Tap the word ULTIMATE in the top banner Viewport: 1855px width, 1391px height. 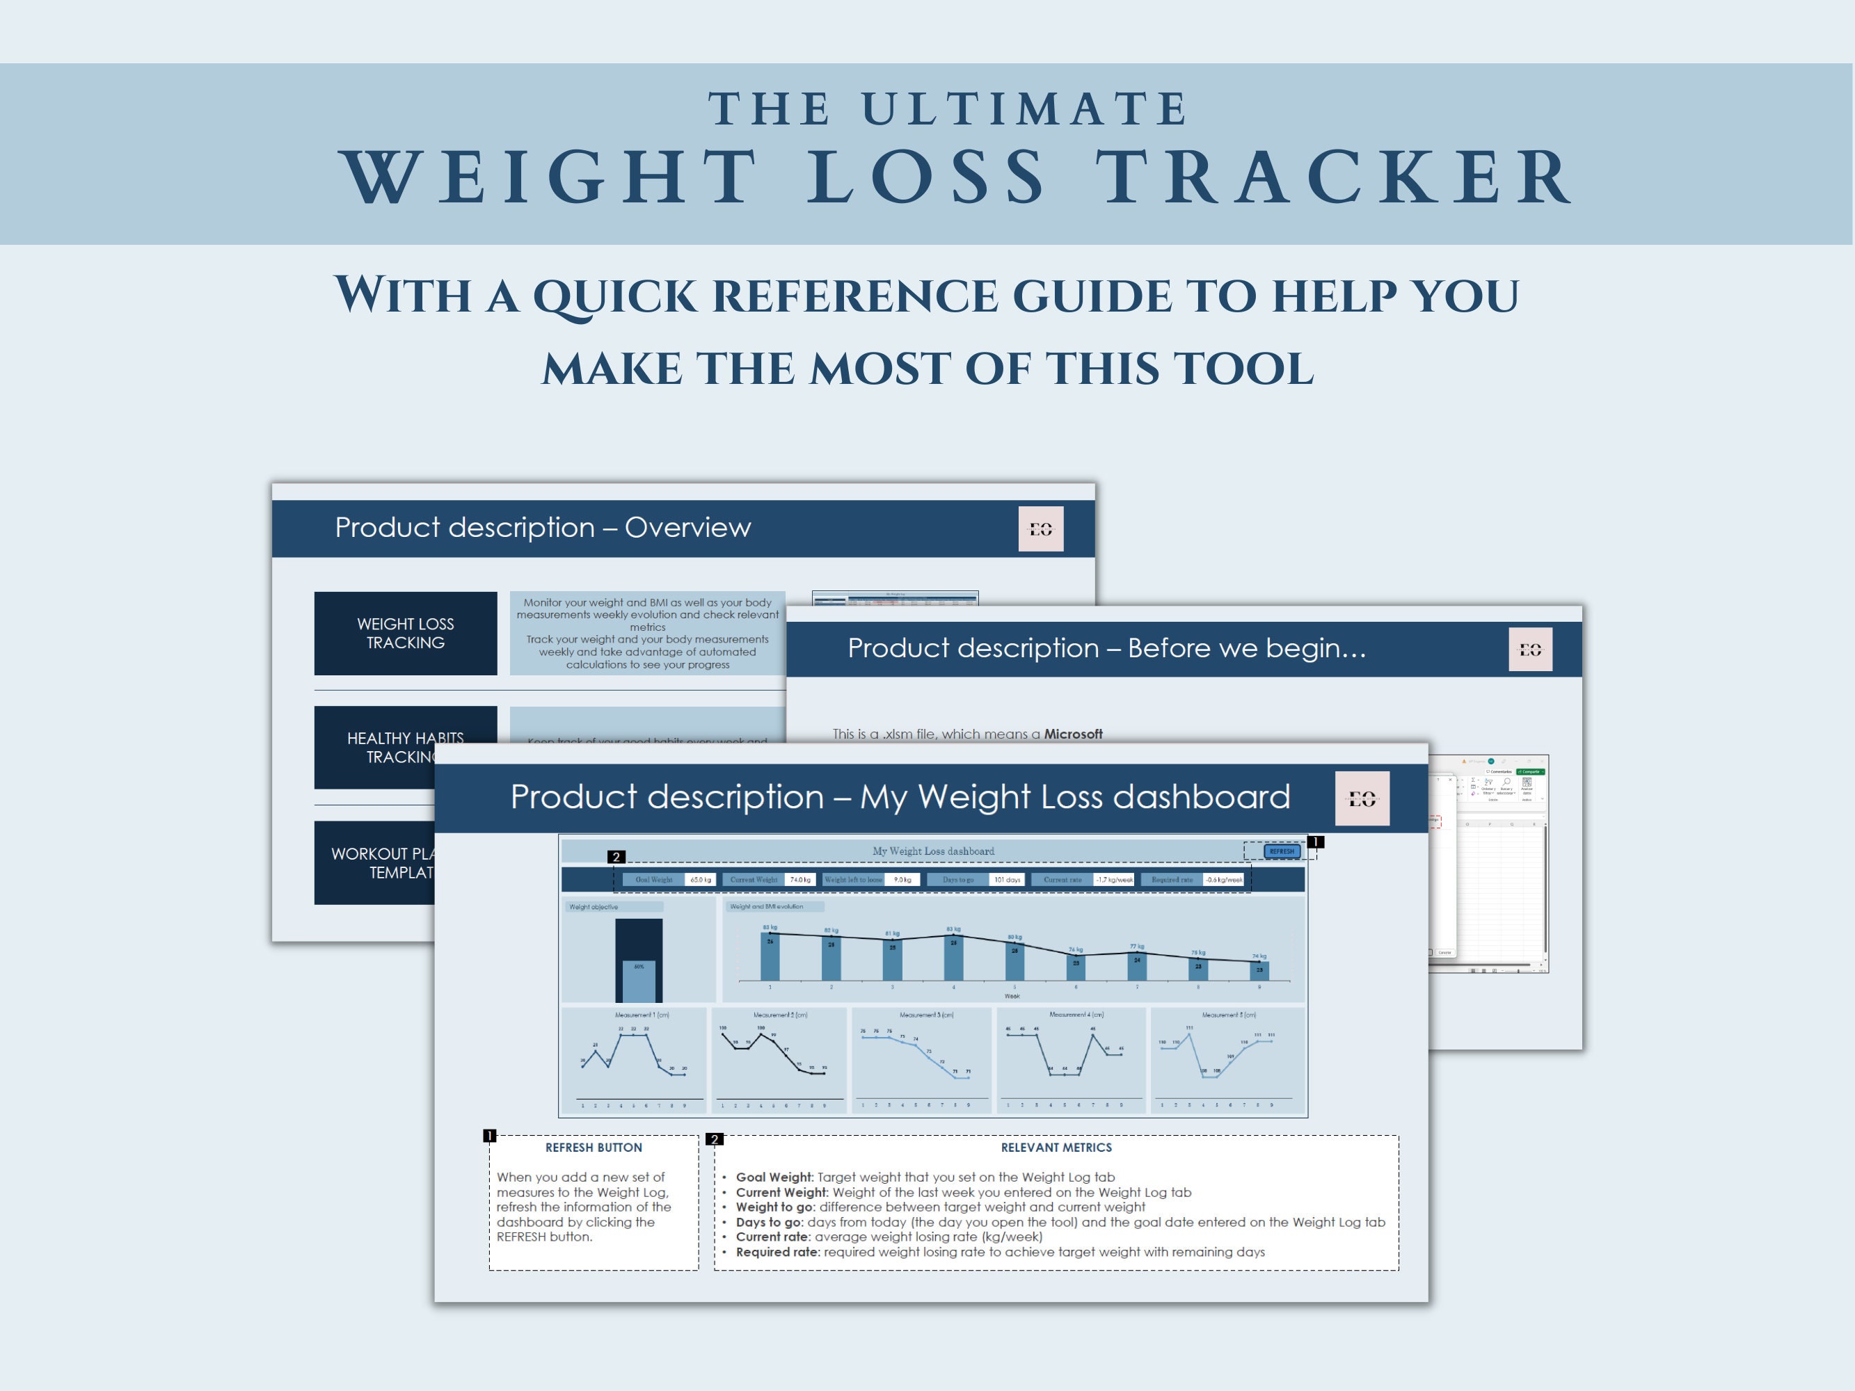[1024, 109]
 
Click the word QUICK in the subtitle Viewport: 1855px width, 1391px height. [614, 296]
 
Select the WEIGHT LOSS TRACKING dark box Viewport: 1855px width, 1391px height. [405, 633]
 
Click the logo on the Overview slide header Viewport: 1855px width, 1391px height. [1041, 529]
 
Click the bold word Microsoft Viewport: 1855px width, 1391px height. [1073, 734]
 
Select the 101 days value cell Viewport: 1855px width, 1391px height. [1006, 880]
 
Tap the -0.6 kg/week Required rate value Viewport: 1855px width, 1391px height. [1223, 880]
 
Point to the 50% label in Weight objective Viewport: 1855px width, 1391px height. [639, 967]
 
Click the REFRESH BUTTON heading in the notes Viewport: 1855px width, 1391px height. [594, 1147]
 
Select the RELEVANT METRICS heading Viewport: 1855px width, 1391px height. [1056, 1147]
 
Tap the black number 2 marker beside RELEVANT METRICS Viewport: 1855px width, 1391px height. [715, 1139]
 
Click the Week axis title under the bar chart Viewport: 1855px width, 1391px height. [1012, 996]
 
